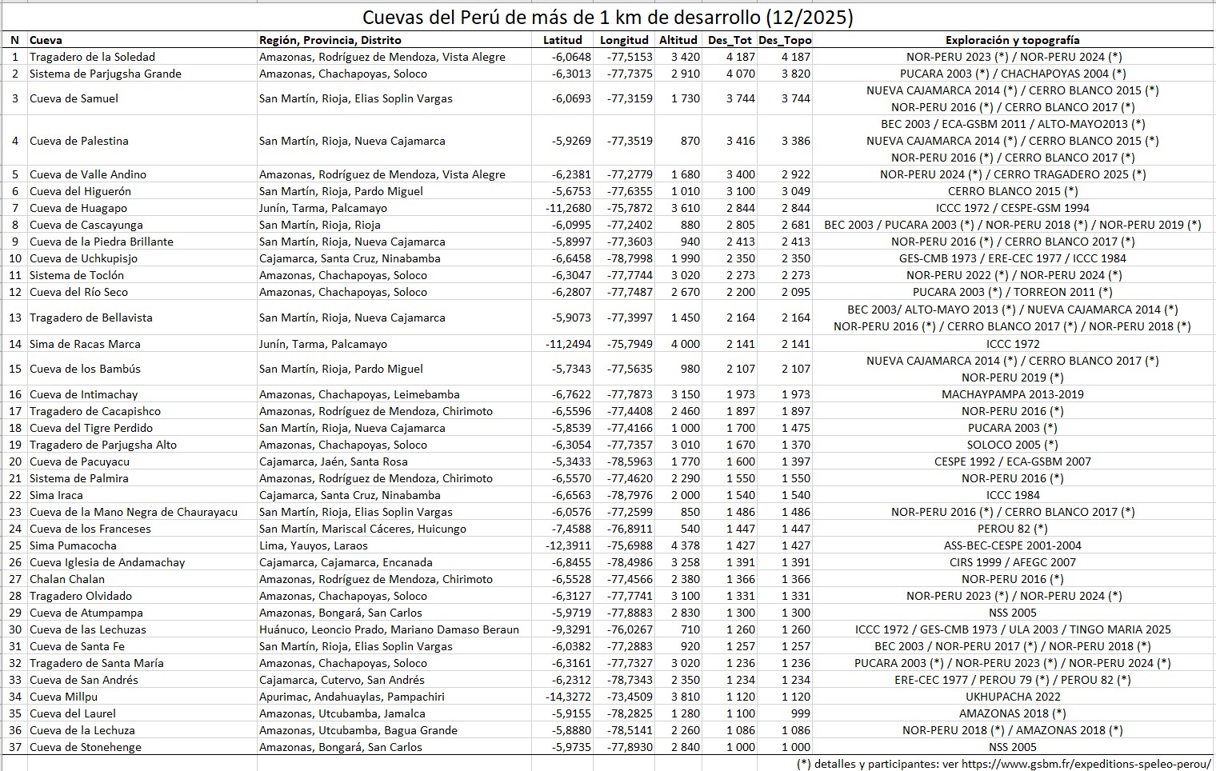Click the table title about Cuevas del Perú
[x=607, y=18]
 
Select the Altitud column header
[x=678, y=40]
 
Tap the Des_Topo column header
[x=784, y=40]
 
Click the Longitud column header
[x=624, y=40]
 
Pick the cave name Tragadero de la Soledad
[x=92, y=57]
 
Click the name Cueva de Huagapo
[x=78, y=208]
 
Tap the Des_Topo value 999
[x=799, y=713]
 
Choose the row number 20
[x=14, y=461]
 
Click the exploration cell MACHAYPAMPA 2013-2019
[x=1012, y=394]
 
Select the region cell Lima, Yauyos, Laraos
[x=313, y=545]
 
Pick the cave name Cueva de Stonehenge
[x=85, y=747]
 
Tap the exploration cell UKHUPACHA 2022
[x=1012, y=697]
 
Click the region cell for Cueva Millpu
[x=351, y=697]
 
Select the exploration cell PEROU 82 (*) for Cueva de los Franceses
[x=1012, y=529]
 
